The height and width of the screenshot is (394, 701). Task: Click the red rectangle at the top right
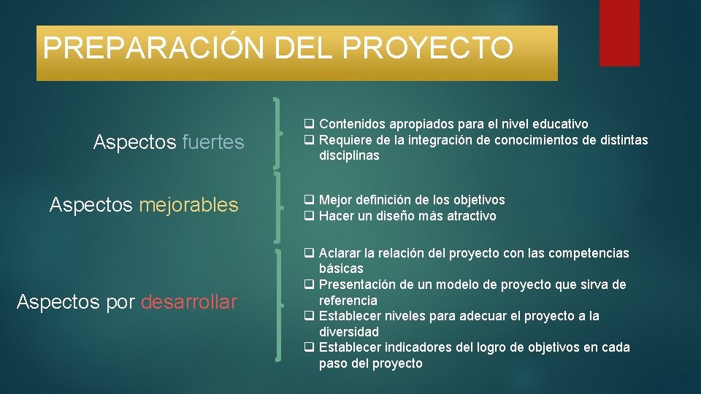(x=618, y=33)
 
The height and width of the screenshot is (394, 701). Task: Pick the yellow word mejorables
(x=188, y=205)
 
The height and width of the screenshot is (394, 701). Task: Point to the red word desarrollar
(x=189, y=302)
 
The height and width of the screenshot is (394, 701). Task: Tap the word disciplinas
(x=349, y=156)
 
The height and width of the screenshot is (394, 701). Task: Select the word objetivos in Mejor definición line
(x=479, y=200)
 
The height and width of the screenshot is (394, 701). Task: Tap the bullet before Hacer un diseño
(x=310, y=216)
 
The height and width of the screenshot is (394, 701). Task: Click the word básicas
(x=341, y=269)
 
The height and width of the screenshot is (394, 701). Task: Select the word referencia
(x=348, y=301)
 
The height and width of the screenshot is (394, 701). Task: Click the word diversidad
(x=349, y=332)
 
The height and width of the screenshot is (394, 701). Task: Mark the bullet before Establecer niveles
(x=310, y=316)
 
